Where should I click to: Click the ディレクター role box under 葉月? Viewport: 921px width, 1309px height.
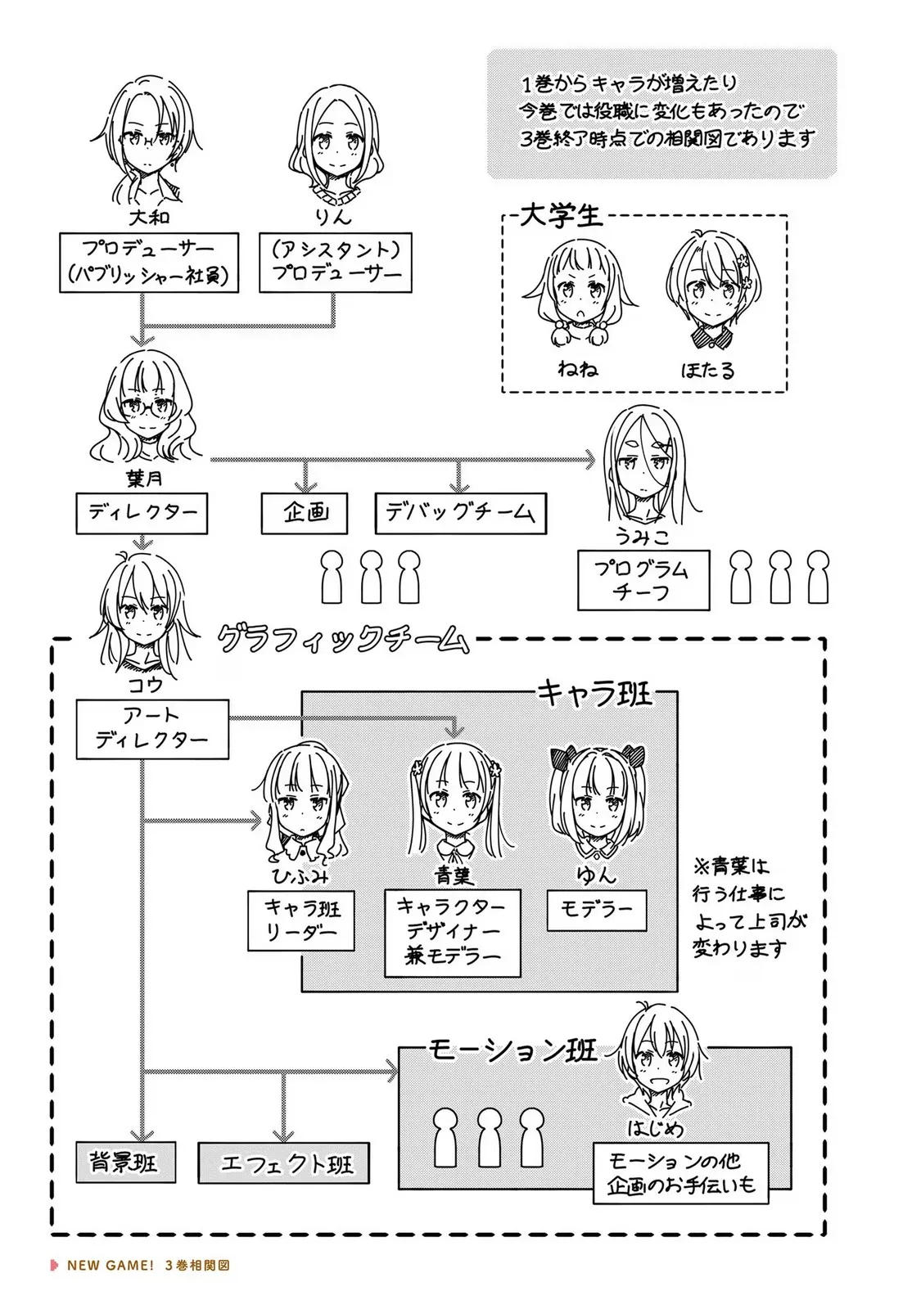(142, 514)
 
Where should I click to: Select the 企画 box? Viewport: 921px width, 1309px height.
(305, 513)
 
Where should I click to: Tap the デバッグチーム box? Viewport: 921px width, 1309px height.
(460, 513)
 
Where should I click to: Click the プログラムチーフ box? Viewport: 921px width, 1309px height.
(642, 581)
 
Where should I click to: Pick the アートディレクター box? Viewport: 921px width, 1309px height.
(151, 728)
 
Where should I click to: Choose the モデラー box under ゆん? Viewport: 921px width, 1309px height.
(595, 910)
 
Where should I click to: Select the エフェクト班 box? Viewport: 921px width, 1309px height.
(283, 1163)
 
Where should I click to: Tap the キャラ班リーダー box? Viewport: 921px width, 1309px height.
(301, 920)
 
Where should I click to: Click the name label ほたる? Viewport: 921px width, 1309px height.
(707, 370)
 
